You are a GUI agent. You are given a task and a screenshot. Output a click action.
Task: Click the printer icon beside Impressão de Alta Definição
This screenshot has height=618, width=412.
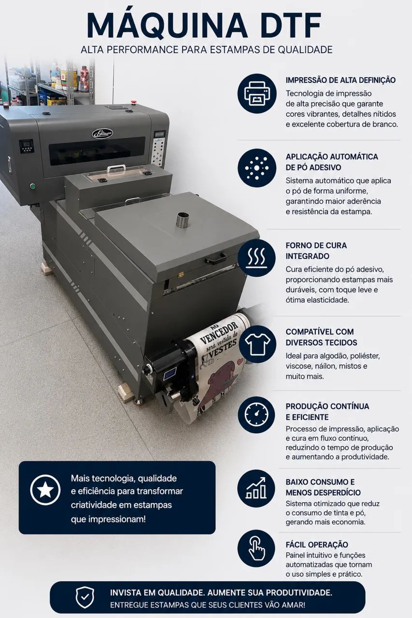(257, 93)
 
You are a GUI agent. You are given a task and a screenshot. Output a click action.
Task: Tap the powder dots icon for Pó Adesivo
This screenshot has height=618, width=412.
(257, 168)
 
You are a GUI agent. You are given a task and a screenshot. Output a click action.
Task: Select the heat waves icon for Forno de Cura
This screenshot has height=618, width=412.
(257, 258)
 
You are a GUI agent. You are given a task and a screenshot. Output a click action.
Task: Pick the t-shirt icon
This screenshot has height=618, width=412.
(257, 344)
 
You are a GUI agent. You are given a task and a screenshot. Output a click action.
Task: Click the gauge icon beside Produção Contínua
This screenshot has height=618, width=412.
(256, 415)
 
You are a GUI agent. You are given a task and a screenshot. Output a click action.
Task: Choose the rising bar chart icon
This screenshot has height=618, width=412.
(256, 488)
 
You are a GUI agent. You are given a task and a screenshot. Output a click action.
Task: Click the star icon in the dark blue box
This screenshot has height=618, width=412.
(45, 490)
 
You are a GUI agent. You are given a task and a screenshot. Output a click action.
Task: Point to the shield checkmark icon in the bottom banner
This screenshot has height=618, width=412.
(85, 597)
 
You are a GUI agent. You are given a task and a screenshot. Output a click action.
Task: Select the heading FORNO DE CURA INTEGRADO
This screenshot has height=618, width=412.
(316, 251)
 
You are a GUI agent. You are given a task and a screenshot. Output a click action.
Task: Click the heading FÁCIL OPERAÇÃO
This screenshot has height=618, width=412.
(317, 545)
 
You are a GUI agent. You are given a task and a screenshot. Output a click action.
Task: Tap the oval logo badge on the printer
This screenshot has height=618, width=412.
(102, 134)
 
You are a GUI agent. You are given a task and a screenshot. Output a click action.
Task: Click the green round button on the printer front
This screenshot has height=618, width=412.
(32, 186)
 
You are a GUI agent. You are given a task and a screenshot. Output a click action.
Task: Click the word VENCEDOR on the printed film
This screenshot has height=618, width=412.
(219, 333)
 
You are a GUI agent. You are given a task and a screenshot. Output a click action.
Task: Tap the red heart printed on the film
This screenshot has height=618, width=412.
(241, 361)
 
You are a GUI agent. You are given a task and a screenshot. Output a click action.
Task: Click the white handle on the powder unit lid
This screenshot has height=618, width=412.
(116, 168)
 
